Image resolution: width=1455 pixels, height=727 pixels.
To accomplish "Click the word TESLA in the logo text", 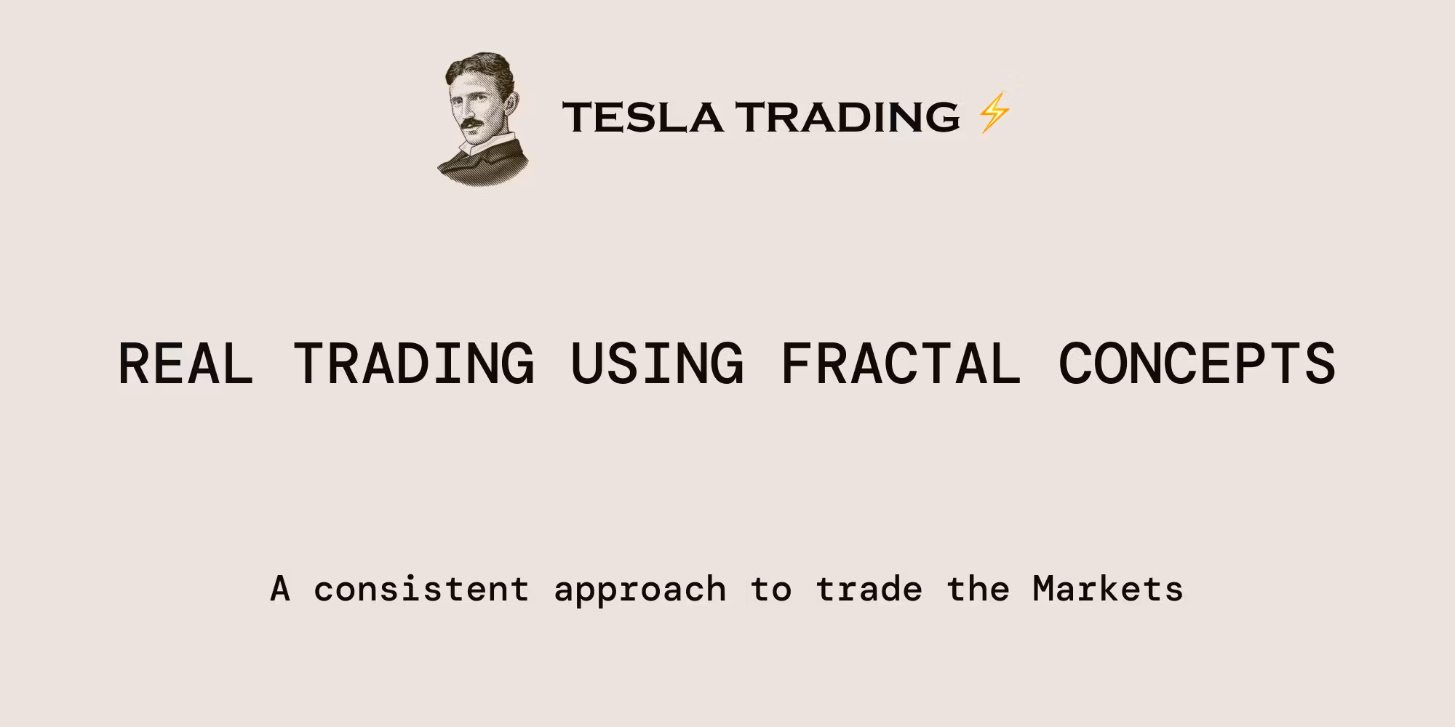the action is (643, 117).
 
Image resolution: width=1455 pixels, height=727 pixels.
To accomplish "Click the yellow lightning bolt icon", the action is (994, 113).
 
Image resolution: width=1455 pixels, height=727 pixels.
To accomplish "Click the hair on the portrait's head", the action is (480, 69).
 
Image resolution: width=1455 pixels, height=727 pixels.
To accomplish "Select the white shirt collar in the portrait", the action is (484, 145).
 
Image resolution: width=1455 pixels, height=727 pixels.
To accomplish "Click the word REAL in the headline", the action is (186, 363).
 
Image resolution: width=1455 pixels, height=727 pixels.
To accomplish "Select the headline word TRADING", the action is (414, 363).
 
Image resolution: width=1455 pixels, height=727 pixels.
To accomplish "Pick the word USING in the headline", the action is (658, 363).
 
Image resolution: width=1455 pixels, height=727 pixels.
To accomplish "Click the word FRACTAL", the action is (901, 363).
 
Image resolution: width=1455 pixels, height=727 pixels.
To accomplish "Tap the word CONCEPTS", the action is (1197, 363).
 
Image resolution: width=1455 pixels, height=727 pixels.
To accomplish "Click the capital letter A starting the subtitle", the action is (280, 589).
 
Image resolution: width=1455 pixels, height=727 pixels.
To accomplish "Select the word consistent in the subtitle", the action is (421, 589).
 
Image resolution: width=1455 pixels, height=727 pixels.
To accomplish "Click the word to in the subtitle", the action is (770, 590).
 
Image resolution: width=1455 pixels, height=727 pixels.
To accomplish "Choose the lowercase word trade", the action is (869, 589).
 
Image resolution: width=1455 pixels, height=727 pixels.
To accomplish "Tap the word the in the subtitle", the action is (978, 589).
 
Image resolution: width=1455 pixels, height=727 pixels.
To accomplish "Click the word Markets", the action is (1108, 589).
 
